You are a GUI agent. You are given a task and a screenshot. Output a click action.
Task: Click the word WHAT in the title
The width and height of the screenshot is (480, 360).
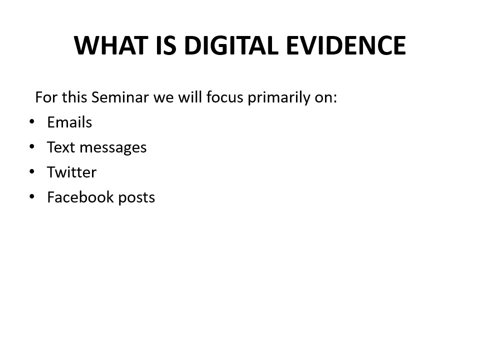[x=111, y=45]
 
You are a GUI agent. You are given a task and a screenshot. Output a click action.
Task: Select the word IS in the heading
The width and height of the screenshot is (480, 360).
[x=166, y=45]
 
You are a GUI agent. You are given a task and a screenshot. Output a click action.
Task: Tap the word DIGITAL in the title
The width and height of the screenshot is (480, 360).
[x=231, y=45]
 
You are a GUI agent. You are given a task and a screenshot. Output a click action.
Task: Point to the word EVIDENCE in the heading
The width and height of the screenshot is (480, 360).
[x=346, y=45]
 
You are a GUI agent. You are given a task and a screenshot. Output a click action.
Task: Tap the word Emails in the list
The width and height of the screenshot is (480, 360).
[x=69, y=122]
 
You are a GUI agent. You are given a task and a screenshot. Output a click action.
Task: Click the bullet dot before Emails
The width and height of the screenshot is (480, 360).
[x=32, y=121]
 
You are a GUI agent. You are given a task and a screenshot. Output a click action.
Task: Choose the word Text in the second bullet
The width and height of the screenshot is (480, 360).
[x=61, y=147]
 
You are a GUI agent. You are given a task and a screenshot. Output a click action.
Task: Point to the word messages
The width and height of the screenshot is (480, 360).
[x=113, y=148]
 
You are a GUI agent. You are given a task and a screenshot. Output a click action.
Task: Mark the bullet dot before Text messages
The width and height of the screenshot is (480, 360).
[x=32, y=146]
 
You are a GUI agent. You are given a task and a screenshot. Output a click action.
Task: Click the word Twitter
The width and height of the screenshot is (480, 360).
[x=71, y=172]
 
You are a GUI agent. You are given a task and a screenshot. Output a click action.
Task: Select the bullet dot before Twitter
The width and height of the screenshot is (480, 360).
[x=32, y=171]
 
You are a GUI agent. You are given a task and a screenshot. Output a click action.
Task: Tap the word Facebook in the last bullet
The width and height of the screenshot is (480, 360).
[x=80, y=197]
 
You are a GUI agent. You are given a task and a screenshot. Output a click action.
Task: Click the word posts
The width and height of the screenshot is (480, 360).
[x=136, y=198]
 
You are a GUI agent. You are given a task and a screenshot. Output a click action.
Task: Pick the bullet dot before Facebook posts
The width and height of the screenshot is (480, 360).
[x=32, y=196]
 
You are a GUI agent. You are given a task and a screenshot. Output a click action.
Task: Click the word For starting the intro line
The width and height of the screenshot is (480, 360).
[x=46, y=97]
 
